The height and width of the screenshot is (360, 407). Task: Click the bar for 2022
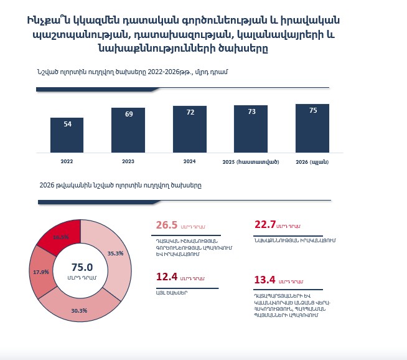[67, 135]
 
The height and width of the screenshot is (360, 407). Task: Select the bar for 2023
[128, 130]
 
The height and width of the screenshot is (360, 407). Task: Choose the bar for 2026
[312, 128]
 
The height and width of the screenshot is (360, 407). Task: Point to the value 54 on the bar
[67, 124]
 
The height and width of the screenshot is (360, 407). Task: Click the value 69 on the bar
[128, 115]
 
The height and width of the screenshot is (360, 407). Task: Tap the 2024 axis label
[189, 161]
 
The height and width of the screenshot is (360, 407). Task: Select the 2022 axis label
[67, 162]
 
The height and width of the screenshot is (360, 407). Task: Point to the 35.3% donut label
[115, 253]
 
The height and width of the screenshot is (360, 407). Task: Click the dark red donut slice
[60, 234]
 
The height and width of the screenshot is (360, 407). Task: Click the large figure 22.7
[264, 225]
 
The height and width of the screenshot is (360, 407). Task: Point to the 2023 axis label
[128, 162]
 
